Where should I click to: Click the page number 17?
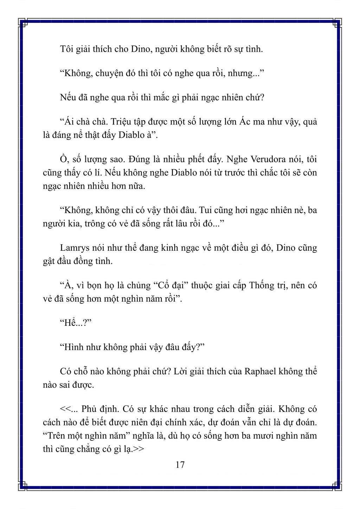(x=180, y=465)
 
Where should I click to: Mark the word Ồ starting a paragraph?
(x=63, y=159)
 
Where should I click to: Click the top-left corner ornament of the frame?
(x=23, y=24)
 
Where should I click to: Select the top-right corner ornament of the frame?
(x=337, y=24)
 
